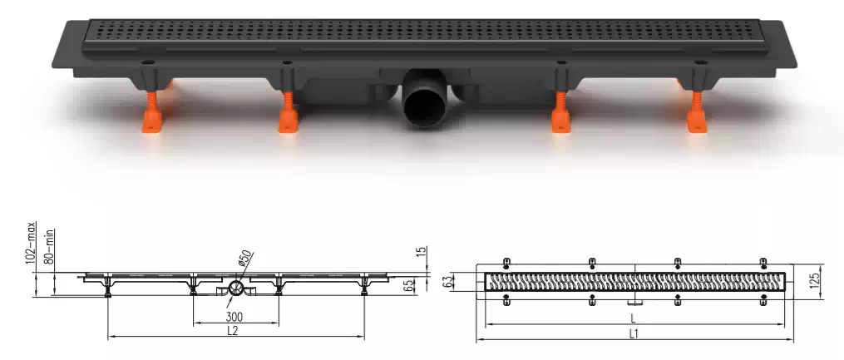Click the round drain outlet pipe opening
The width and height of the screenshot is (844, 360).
[423, 106]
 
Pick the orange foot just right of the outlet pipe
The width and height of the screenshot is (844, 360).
[561, 112]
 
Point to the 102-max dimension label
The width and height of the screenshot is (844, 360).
[32, 244]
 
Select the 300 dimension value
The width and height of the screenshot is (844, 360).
[234, 317]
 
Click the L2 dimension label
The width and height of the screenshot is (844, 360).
[233, 330]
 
